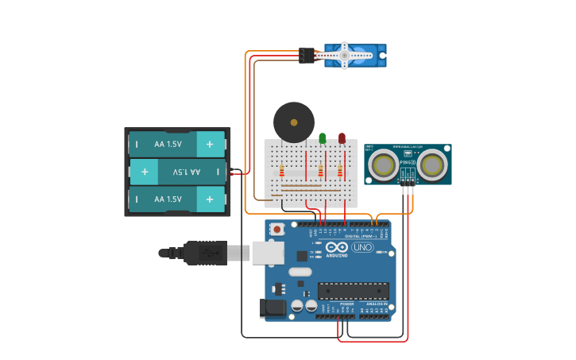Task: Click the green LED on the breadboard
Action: [x=322, y=138]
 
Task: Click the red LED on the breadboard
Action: [x=342, y=138]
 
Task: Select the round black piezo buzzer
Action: [x=294, y=122]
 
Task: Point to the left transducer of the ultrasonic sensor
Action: [x=385, y=165]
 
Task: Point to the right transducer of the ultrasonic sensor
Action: [x=432, y=165]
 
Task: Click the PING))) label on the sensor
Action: [x=408, y=162]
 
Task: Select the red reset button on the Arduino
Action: [x=276, y=230]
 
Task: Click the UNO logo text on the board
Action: [x=361, y=247]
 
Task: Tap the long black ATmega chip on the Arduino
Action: [x=354, y=291]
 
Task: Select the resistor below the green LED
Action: [x=321, y=171]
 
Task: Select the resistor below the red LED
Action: [x=340, y=171]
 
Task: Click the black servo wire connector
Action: [x=307, y=55]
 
